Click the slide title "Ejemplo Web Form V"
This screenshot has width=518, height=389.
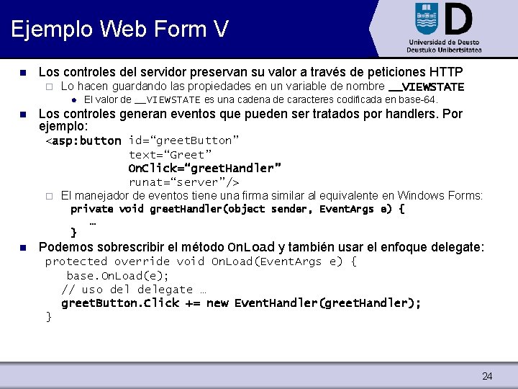(x=120, y=29)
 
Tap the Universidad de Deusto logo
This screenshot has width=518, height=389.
(x=444, y=27)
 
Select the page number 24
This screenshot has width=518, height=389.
(x=487, y=376)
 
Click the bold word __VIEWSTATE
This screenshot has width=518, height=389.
(x=426, y=86)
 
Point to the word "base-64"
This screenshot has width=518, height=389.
(x=417, y=99)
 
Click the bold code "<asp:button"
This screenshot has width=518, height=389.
(x=83, y=140)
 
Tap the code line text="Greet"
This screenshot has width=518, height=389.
(x=171, y=154)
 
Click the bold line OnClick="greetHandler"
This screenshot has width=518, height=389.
(x=205, y=168)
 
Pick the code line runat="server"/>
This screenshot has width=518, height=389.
(x=183, y=182)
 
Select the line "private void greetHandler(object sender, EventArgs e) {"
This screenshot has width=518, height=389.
(x=237, y=209)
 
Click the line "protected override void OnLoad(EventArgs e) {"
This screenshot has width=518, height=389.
(x=201, y=261)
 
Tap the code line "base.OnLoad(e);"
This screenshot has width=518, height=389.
(x=118, y=275)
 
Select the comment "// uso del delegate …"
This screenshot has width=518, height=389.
(x=134, y=289)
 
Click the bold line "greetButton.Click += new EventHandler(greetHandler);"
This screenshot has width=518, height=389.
(x=241, y=303)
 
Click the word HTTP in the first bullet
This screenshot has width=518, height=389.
(x=445, y=72)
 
